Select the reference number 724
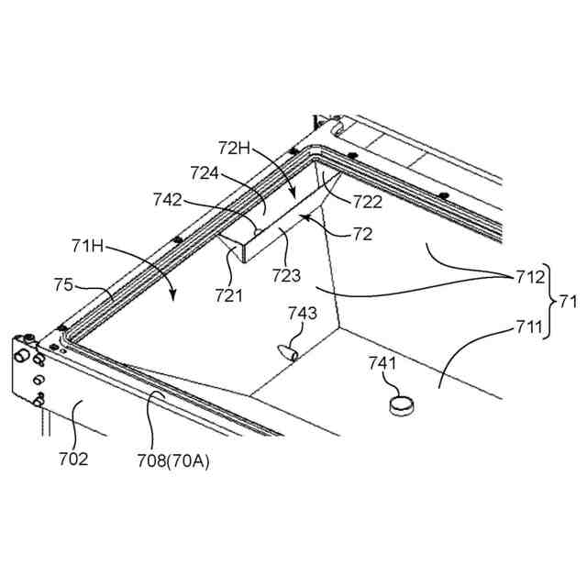(x=207, y=172)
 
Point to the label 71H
(x=87, y=246)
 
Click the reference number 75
(x=63, y=285)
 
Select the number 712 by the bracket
(x=527, y=275)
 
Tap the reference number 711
(x=527, y=327)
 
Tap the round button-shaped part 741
(x=402, y=405)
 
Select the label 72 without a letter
(x=362, y=235)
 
